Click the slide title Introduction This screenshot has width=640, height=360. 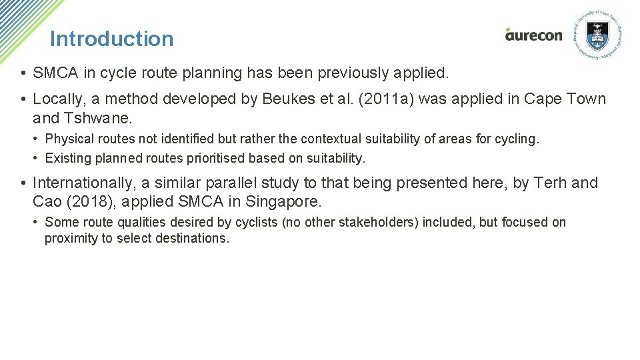[x=111, y=39]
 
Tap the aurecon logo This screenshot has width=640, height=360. [x=533, y=35]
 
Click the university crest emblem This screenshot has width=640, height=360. [x=597, y=35]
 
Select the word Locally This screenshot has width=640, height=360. [x=59, y=99]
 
